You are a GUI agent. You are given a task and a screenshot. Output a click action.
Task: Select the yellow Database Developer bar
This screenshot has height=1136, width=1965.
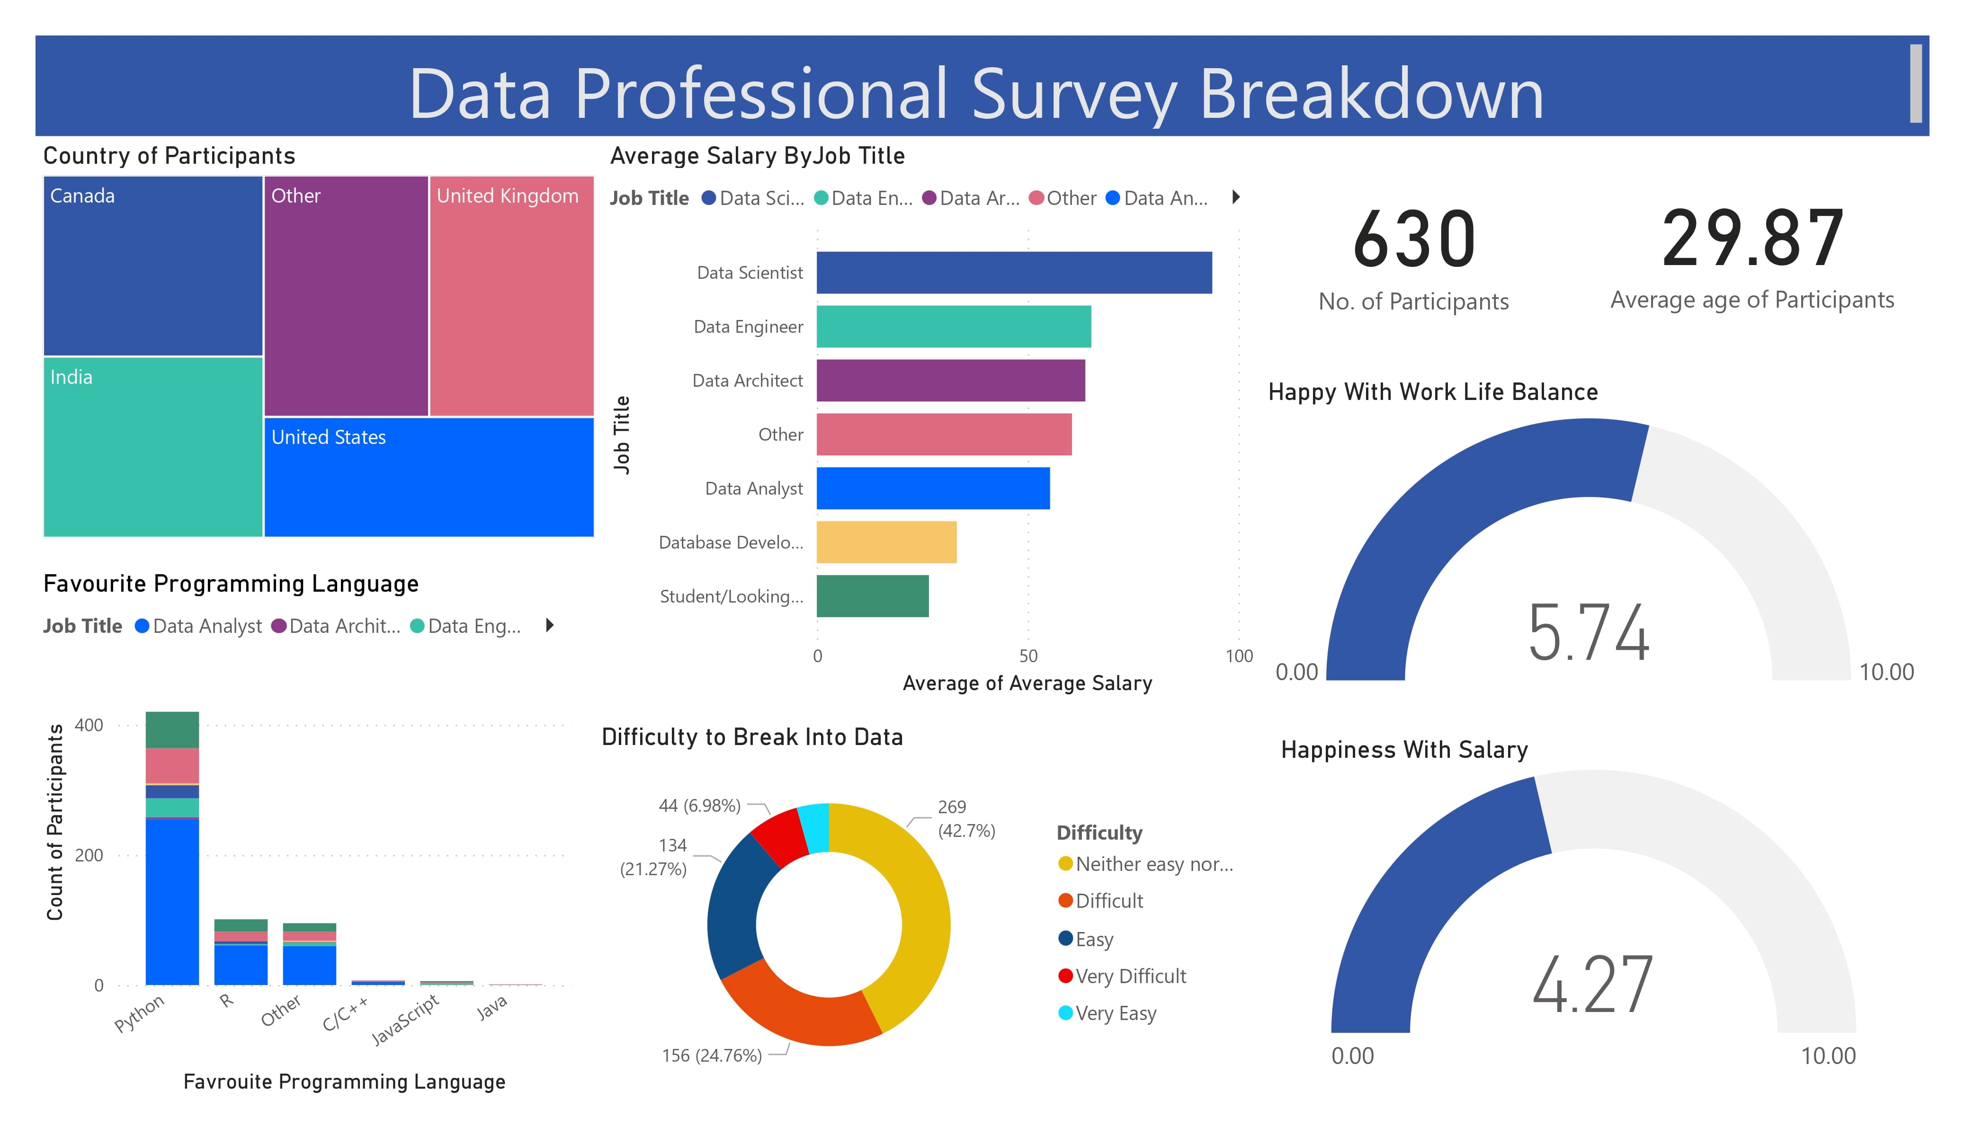point(886,542)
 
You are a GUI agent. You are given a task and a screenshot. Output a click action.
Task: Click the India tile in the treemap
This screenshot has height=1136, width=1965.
point(153,447)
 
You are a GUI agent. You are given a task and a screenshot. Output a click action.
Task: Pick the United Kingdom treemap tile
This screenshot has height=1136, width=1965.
point(511,296)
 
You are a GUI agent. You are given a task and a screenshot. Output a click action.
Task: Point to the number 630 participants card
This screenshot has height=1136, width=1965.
point(1414,240)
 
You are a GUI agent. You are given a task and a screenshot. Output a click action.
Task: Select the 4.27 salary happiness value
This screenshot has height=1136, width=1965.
point(1592,985)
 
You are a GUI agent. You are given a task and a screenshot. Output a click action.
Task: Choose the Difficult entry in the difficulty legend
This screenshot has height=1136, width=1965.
point(1109,901)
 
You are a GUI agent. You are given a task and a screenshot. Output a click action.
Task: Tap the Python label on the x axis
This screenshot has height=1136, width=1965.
point(140,1013)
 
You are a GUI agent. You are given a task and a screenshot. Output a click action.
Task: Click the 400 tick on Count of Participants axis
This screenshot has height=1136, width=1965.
point(89,725)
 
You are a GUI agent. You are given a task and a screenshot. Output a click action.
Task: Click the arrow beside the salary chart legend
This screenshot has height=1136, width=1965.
point(1236,197)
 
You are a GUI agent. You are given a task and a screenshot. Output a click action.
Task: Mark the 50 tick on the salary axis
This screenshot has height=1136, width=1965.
point(1028,656)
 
